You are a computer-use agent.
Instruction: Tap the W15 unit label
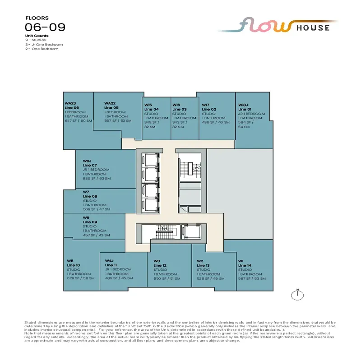pos(148,105)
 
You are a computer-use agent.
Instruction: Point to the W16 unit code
pos(176,105)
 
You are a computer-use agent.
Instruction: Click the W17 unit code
pos(206,105)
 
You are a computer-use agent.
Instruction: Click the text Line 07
pos(90,165)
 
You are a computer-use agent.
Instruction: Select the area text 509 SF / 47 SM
pos(96,209)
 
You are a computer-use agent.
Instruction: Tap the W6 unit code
pos(86,218)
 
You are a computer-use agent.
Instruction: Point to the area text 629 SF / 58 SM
pos(80,278)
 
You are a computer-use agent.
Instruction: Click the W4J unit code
pos(109,261)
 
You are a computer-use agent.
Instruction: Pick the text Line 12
pos(160,265)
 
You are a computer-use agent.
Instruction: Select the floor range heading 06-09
pos(45,27)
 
